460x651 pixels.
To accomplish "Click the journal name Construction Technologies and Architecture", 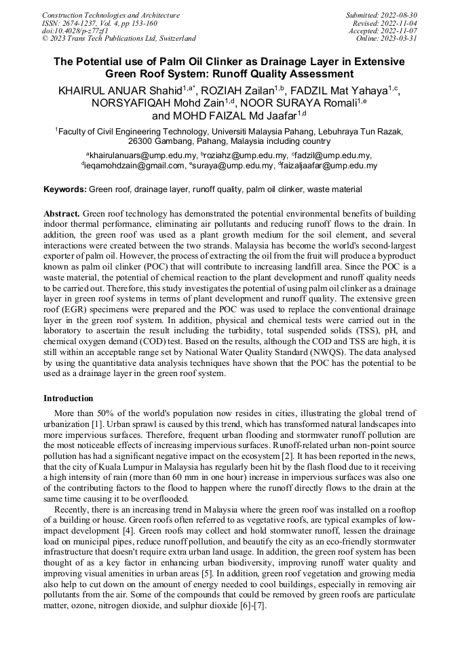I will [111, 15].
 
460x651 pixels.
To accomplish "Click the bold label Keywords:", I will [64, 189].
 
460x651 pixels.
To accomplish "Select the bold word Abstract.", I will [62, 212].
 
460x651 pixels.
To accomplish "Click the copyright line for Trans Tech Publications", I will [119, 39].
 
